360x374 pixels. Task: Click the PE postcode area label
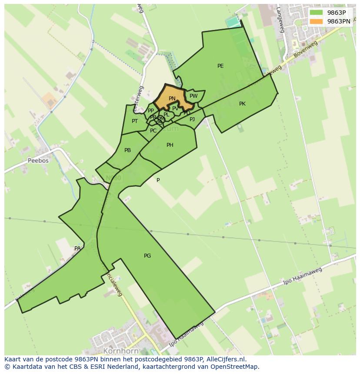(x=220, y=66)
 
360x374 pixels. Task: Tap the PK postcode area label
(x=242, y=104)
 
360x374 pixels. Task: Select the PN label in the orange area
(x=172, y=99)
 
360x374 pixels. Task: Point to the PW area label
(x=193, y=96)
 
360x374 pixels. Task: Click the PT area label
(x=135, y=121)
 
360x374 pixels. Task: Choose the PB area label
(x=127, y=150)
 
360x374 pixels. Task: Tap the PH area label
(x=170, y=145)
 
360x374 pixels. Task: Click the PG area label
(x=147, y=256)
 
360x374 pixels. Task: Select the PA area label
(x=77, y=248)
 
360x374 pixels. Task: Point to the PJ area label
(x=192, y=119)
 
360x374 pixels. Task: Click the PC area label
(x=153, y=131)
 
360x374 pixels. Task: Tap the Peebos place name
(x=38, y=160)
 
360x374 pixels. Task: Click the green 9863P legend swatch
(x=316, y=13)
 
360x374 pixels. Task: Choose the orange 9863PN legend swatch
(x=316, y=21)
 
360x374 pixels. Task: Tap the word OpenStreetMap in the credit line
(x=234, y=367)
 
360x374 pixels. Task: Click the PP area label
(x=150, y=111)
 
